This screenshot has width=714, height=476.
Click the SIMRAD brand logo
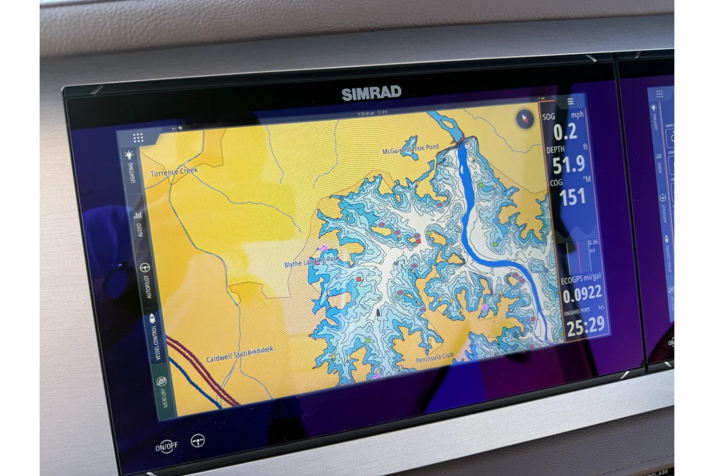click(371, 93)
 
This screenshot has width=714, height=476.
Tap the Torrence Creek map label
click(174, 172)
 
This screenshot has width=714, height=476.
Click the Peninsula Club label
click(435, 357)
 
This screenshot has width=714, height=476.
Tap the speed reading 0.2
click(565, 132)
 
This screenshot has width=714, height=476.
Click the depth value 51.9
click(569, 164)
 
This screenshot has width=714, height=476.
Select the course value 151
click(573, 197)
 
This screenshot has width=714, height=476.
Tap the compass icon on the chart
click(526, 119)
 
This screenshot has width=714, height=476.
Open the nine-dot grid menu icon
click(138, 138)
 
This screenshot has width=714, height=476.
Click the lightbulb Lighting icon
click(129, 155)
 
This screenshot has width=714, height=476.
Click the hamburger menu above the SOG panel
click(570, 101)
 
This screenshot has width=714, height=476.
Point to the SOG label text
click(548, 117)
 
